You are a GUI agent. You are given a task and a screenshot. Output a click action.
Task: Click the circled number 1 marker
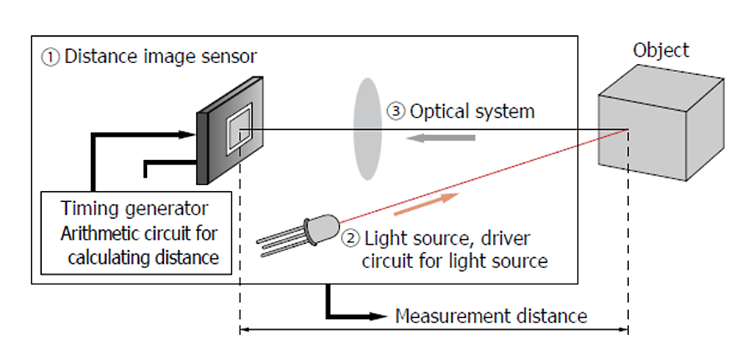tap(51, 57)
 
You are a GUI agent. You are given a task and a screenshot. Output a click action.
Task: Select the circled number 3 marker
tap(395, 112)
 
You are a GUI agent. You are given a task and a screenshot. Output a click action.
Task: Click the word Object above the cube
tap(661, 50)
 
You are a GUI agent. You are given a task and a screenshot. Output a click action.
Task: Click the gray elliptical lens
tap(367, 130)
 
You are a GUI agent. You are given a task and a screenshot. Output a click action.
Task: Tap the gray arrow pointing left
tap(441, 138)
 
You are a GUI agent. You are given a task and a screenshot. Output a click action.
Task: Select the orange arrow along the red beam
tap(427, 204)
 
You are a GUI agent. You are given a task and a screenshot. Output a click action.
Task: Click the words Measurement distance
tap(491, 317)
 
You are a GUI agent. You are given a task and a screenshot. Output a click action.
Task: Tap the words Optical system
tap(472, 112)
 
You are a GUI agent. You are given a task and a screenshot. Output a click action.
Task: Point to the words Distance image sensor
tap(161, 57)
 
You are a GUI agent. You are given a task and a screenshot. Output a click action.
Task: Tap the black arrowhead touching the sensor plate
tap(187, 134)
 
